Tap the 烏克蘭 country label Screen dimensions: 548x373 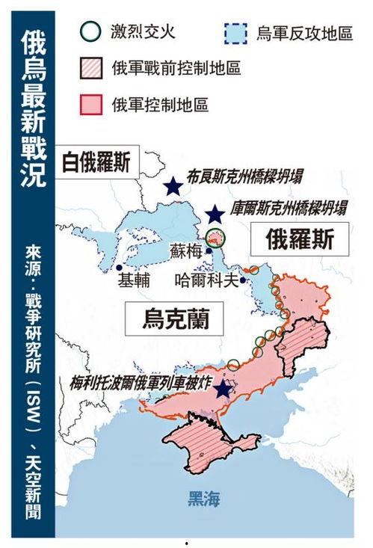(175, 319)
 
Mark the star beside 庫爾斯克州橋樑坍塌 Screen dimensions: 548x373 (215, 215)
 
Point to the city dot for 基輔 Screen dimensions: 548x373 (119, 267)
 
